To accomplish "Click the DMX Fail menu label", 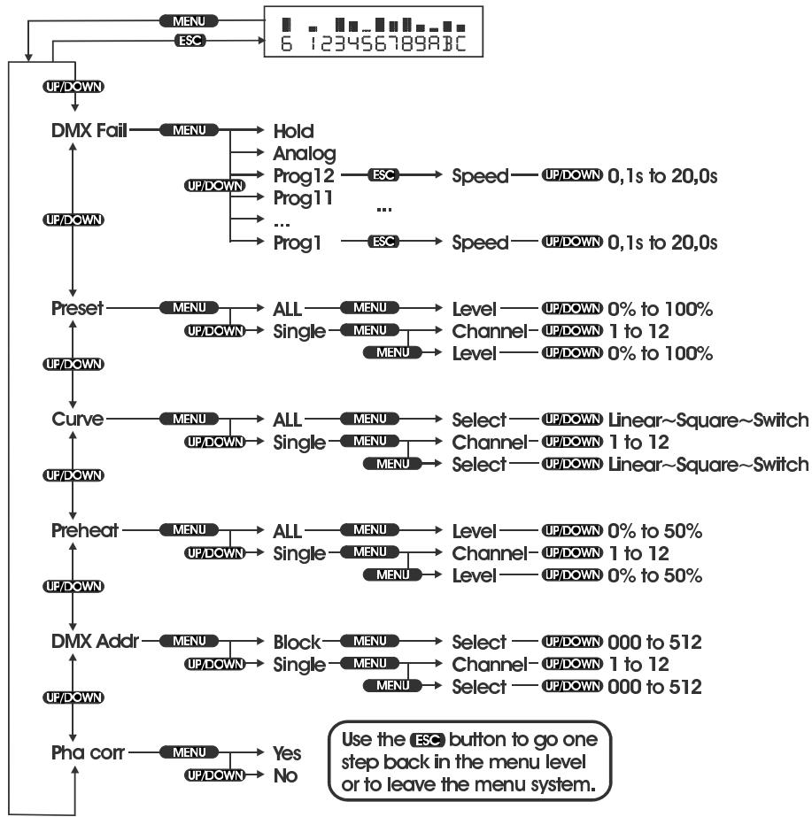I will point(89,131).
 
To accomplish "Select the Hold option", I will point(293,131).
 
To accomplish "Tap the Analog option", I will point(305,153).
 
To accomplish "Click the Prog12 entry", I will point(303,176).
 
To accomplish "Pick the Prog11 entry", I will point(303,198).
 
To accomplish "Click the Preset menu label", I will point(77,309).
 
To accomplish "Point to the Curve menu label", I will point(77,420).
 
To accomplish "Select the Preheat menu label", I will point(84,531).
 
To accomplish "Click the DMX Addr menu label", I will point(95,642).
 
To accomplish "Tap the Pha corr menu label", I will point(89,753).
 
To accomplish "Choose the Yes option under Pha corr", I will point(287,753).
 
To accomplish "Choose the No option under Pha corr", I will point(284,775).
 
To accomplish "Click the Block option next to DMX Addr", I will point(297,642).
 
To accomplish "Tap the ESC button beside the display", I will point(190,40).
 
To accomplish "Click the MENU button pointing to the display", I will point(189,19).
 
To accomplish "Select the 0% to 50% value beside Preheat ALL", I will point(654,531).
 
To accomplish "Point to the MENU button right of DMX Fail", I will point(188,131).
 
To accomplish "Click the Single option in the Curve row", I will point(299,442).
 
